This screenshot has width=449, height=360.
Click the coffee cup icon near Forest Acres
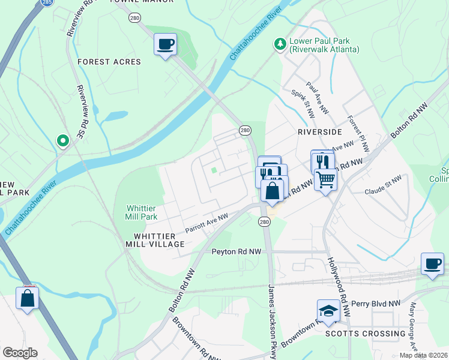(165, 44)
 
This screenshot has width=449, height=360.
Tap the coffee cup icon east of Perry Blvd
(432, 264)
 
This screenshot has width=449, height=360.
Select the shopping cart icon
(325, 178)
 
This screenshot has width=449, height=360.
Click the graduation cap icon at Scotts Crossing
(328, 310)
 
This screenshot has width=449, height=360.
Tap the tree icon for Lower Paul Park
(279, 44)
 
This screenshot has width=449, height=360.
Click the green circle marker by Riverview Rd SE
(62, 140)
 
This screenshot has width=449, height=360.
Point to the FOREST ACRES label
(109, 62)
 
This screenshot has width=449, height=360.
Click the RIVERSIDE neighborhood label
(319, 131)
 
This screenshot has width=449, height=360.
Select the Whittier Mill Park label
(141, 212)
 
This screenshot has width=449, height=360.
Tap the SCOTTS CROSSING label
(365, 334)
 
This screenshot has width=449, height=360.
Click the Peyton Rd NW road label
(236, 253)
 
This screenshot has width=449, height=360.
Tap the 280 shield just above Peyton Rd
(264, 222)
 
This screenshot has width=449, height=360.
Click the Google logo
(20, 353)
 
